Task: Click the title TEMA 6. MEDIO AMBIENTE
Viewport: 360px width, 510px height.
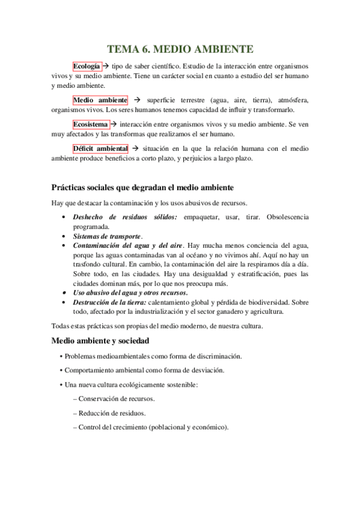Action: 180,49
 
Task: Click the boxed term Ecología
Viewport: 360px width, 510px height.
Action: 87,66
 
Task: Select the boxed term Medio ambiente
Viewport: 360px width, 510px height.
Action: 100,100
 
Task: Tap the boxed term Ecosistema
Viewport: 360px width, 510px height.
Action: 90,124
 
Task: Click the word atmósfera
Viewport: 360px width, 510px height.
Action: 292,100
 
